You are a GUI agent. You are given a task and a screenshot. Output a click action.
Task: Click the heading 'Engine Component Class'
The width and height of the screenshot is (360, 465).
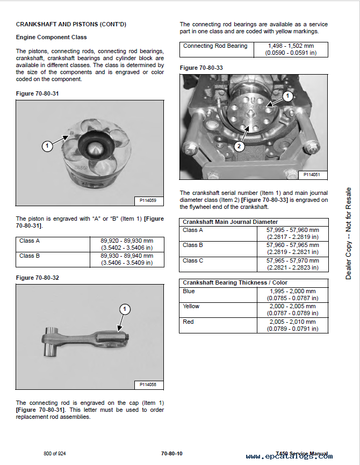tap(51, 37)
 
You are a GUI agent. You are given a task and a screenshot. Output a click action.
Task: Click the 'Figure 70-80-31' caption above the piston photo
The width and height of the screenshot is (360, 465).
tap(37, 93)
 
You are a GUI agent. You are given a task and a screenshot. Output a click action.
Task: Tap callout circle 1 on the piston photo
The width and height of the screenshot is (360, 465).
tap(47, 145)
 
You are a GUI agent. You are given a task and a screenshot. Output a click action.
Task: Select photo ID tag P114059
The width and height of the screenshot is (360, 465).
tap(147, 201)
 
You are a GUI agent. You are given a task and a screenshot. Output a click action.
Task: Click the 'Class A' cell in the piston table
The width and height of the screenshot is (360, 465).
tap(30, 241)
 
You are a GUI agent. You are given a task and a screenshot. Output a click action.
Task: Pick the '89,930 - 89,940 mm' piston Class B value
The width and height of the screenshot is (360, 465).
tap(127, 256)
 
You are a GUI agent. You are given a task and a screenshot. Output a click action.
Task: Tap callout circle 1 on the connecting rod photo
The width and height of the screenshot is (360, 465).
tap(125, 309)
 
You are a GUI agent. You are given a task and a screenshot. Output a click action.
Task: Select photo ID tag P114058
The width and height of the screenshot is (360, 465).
tap(147, 384)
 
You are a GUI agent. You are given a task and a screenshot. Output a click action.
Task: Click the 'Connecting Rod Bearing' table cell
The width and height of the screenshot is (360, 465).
tap(215, 46)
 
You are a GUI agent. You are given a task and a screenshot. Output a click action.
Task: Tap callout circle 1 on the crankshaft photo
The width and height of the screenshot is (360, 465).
tap(287, 96)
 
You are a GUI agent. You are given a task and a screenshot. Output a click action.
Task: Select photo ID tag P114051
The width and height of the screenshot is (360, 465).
tap(312, 175)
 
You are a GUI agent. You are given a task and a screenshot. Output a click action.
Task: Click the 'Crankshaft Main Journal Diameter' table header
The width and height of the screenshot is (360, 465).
tap(231, 222)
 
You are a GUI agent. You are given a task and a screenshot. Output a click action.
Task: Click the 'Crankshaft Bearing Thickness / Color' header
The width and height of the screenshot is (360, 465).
tap(235, 282)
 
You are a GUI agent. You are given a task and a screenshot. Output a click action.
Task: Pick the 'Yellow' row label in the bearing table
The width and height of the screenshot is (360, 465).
tap(191, 306)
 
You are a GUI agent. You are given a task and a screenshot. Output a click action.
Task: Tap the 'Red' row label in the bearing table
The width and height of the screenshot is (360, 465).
tap(188, 322)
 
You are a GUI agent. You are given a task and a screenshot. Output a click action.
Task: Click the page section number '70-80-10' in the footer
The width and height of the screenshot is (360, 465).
tap(171, 454)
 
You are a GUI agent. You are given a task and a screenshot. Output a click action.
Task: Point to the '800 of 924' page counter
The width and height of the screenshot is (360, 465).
tap(55, 454)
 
